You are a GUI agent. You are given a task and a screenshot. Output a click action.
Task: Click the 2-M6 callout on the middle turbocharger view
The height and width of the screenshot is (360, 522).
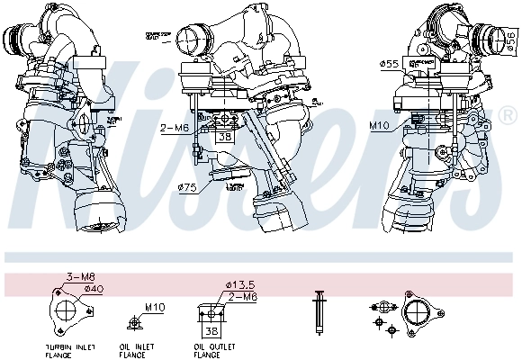[x=175, y=128]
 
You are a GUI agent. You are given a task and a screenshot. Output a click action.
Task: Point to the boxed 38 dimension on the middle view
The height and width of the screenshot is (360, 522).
[x=223, y=139]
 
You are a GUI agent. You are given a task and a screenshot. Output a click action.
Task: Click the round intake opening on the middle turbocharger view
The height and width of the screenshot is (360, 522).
[x=191, y=40]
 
